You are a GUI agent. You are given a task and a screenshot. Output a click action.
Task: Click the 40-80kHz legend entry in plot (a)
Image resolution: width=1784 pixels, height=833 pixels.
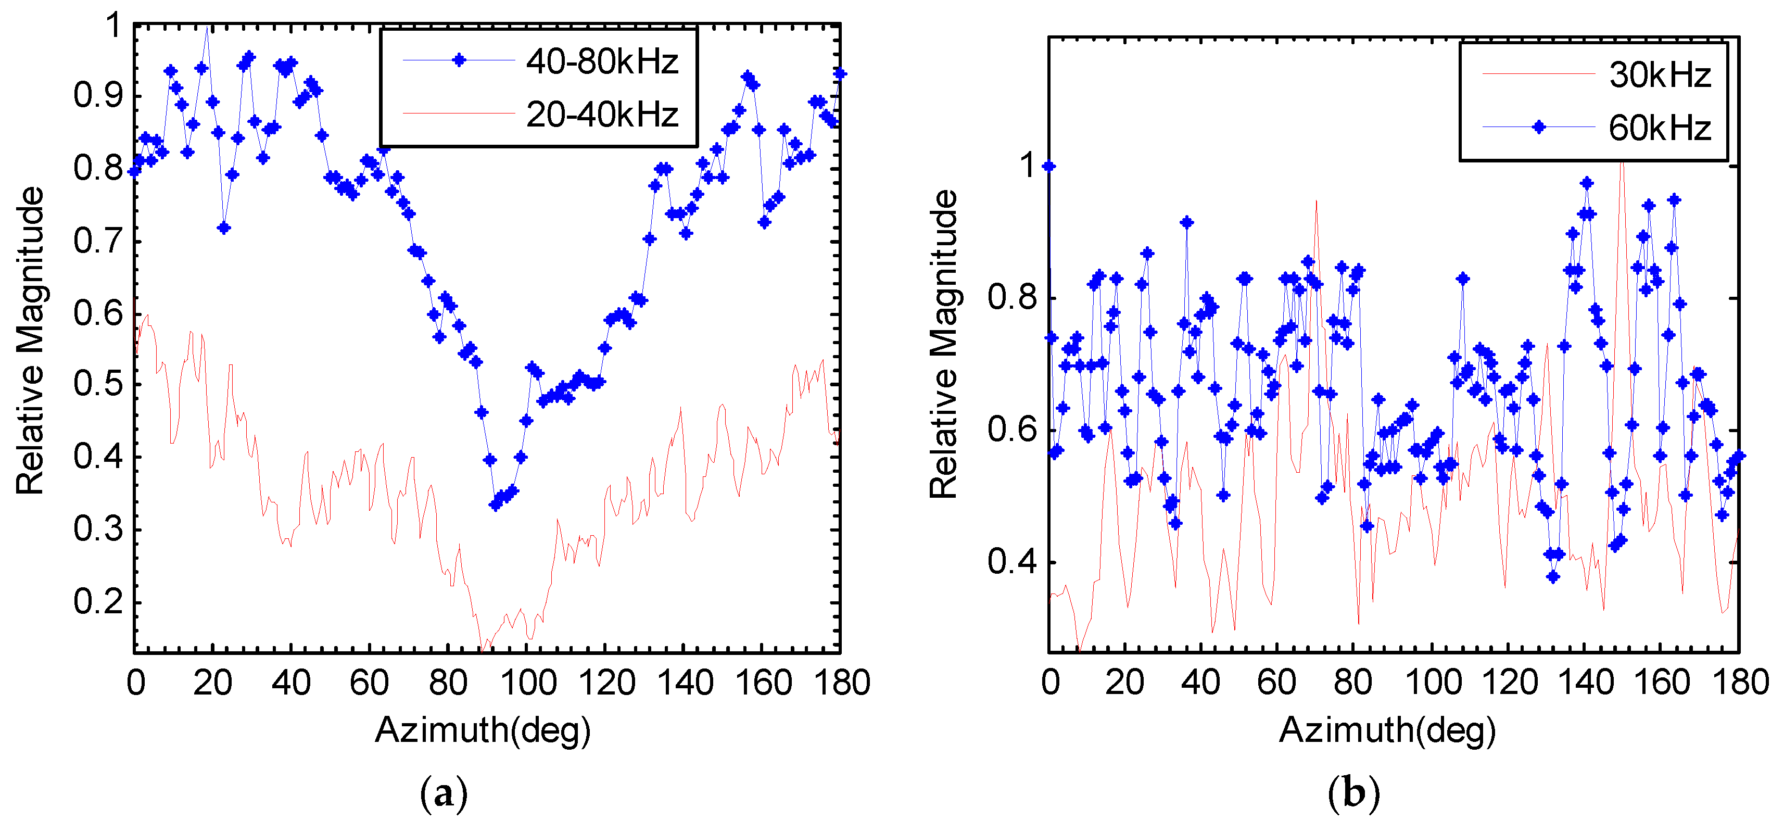click(x=601, y=61)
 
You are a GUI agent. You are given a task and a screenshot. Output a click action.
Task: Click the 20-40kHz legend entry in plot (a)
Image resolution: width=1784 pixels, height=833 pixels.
click(x=601, y=114)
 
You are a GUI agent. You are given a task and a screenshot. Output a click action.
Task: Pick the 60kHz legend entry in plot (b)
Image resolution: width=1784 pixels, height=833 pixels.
click(x=1660, y=128)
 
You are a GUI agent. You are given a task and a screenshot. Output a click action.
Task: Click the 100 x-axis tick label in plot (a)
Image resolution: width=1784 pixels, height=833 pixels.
click(x=528, y=683)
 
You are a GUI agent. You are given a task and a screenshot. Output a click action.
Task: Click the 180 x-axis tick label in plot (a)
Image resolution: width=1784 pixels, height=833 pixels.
click(x=841, y=683)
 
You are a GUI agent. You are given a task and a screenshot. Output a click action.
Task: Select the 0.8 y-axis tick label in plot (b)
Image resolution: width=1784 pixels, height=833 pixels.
click(x=1012, y=298)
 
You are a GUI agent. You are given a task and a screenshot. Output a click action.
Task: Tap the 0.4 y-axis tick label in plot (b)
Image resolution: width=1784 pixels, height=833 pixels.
click(x=1012, y=562)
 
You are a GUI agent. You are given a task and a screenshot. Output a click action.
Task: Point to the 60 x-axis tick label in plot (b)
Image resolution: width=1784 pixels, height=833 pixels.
click(x=1276, y=683)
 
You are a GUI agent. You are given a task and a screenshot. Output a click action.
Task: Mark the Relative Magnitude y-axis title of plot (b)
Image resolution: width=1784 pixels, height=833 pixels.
click(x=943, y=344)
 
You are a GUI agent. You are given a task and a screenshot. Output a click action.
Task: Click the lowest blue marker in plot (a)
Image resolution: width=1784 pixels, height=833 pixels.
click(x=495, y=506)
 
